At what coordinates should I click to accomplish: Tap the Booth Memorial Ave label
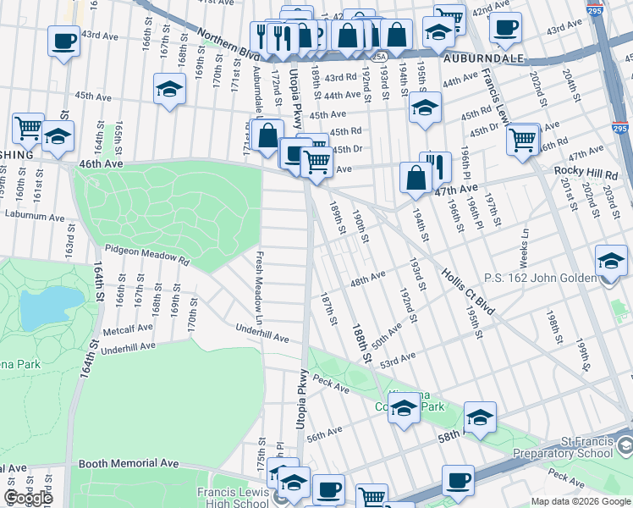coord(129,464)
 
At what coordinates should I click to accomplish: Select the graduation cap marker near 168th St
coord(169,88)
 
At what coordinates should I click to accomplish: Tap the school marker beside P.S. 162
coord(611,260)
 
